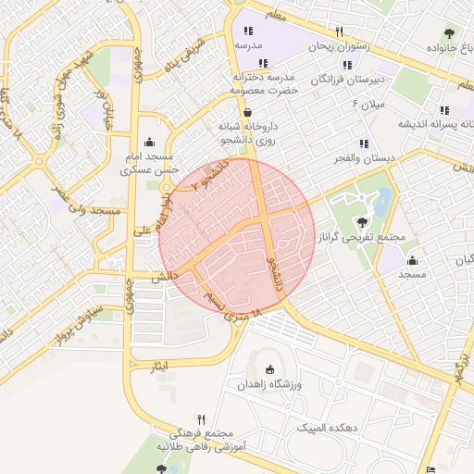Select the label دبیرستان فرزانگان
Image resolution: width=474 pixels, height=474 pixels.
(x=349, y=81)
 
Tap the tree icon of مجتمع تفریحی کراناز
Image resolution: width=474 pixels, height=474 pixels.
(x=360, y=222)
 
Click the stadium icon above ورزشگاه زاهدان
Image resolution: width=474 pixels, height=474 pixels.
(x=269, y=369)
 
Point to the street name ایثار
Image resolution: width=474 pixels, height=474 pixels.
(x=161, y=368)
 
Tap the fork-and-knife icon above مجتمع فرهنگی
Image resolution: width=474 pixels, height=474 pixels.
(x=201, y=419)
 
